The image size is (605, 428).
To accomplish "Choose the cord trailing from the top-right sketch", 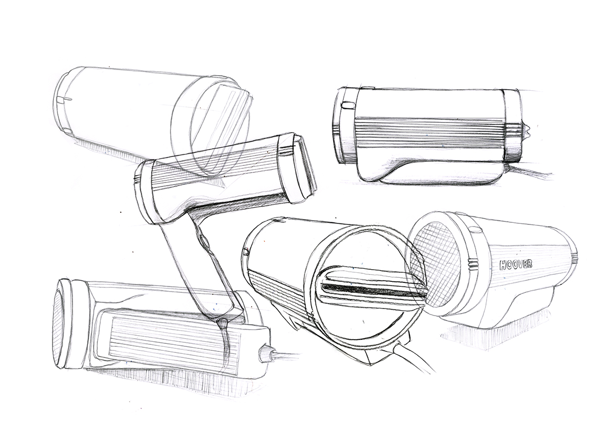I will click(x=534, y=173).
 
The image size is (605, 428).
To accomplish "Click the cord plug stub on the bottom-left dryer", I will click(x=264, y=354).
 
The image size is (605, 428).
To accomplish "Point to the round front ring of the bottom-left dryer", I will click(x=63, y=323).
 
